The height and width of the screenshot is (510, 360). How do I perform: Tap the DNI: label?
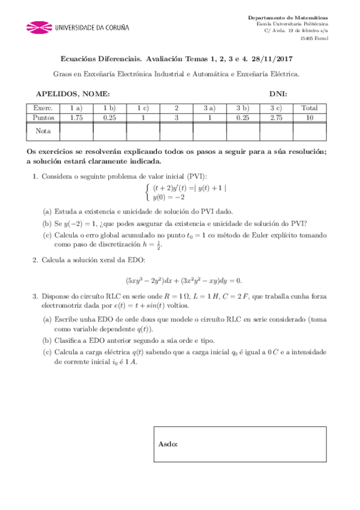[x=278, y=94]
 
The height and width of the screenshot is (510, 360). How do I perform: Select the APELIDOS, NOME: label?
[x=73, y=94]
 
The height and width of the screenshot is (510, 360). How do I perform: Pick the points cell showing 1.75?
[x=76, y=118]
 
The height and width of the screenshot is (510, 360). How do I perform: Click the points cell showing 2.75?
[x=276, y=118]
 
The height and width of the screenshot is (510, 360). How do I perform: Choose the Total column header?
[x=310, y=108]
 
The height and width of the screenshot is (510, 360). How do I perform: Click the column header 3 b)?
[x=243, y=108]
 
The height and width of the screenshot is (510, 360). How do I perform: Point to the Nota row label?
[x=43, y=131]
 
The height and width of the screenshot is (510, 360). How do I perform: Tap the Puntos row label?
[x=43, y=118]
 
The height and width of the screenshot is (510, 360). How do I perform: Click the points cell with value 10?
[x=310, y=118]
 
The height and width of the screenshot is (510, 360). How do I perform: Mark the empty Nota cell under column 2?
[x=176, y=131]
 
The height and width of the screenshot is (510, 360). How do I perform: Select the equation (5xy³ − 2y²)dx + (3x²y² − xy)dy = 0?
[x=183, y=280]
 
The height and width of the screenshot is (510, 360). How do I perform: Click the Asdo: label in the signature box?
[x=168, y=444]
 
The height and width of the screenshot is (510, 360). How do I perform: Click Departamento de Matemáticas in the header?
[x=292, y=18]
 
